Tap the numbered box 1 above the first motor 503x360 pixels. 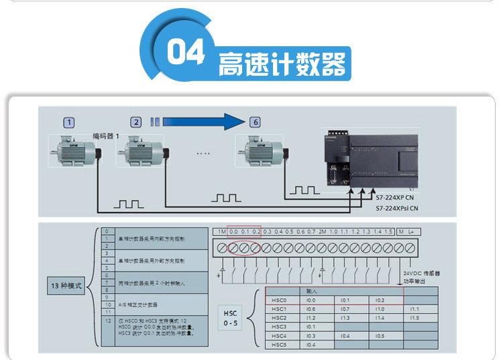69,122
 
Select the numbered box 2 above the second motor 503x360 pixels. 137,122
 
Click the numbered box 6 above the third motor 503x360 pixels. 254,122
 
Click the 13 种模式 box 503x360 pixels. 67,286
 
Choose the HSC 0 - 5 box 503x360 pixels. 230,318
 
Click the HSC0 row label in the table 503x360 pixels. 279,300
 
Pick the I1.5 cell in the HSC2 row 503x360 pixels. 414,318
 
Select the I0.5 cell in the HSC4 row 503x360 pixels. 380,336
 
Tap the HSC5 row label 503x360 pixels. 279,345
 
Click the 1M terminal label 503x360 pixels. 221,231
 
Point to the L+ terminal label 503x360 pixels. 411,231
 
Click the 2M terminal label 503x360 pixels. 322,231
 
